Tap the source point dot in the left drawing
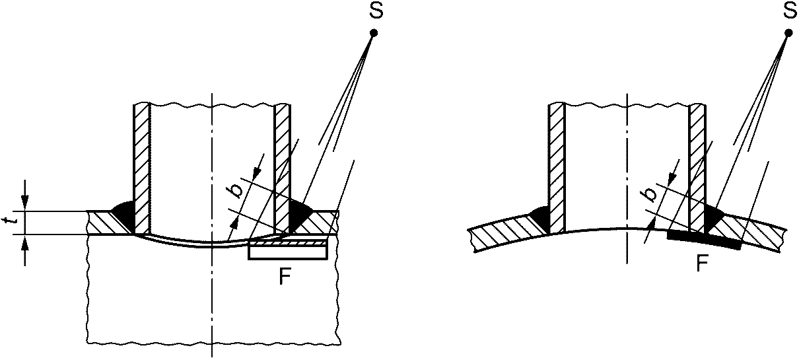point(374,32)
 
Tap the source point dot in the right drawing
point(788,32)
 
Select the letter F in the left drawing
point(285,277)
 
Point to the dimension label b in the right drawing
point(650,193)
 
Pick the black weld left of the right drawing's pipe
point(540,217)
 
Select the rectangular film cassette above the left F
point(288,250)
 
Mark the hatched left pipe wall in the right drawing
point(557,165)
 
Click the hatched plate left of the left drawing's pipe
point(106,223)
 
